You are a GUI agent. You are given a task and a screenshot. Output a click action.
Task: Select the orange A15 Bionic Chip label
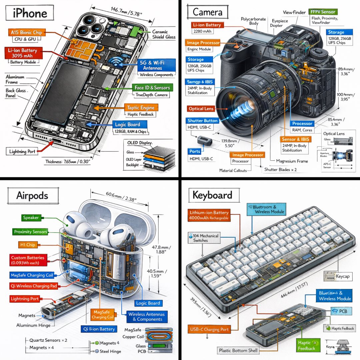point(27,33)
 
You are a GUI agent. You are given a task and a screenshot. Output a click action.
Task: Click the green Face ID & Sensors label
point(152,88)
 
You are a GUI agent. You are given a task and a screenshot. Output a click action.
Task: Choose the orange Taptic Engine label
point(140,108)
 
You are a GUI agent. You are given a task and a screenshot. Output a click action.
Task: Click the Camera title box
point(207,13)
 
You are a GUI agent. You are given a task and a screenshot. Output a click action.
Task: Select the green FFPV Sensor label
point(322,12)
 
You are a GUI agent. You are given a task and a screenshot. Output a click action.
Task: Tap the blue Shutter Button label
point(202,121)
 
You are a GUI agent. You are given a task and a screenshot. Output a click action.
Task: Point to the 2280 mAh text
point(202,32)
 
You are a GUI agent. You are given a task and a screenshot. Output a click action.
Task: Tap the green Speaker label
point(31,218)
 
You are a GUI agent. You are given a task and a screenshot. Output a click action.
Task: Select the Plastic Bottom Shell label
point(238,350)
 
